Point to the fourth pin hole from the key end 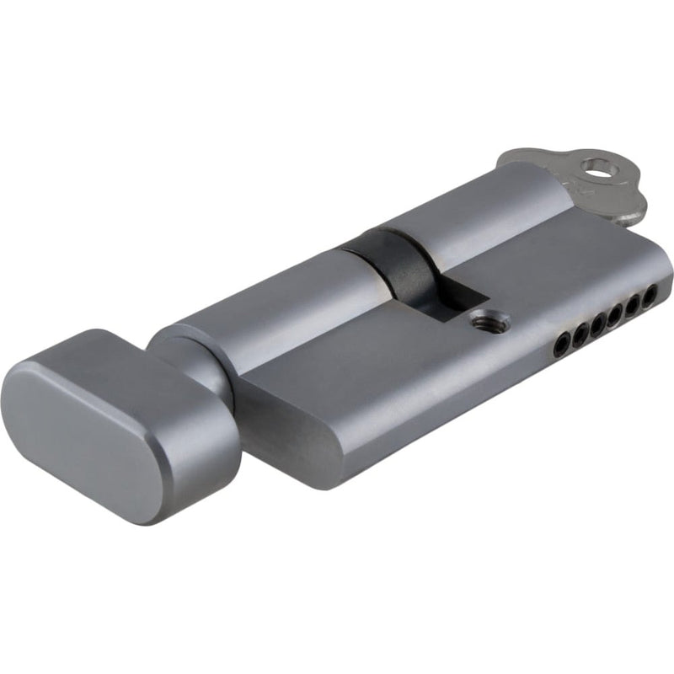pyautogui.click(x=596, y=324)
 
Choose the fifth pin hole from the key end pyautogui.click(x=579, y=333)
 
